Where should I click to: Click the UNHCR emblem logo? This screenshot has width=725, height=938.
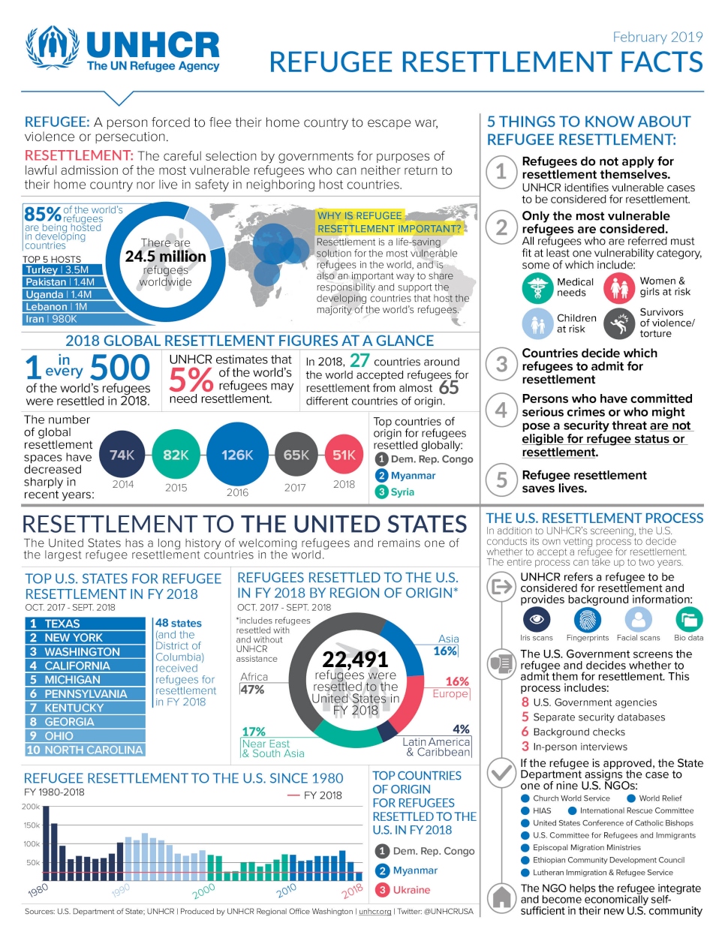pos(53,50)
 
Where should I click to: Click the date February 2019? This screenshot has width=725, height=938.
pos(657,37)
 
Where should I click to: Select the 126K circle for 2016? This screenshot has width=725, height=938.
pos(237,454)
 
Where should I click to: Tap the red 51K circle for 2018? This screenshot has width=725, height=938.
pos(344,454)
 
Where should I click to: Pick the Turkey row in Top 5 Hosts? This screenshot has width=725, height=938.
pos(57,269)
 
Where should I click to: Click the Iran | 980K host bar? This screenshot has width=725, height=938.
pos(52,319)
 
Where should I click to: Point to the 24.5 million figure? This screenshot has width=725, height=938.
pos(165,257)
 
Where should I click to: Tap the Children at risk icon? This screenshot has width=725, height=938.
pos(537,323)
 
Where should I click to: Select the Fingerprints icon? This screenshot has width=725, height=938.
pos(587,620)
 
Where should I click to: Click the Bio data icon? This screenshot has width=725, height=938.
pos(688,620)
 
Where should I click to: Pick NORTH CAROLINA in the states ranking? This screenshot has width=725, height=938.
pos(85,750)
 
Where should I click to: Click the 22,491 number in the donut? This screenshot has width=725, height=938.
pos(355,660)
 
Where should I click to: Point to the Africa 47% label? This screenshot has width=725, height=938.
pos(254,684)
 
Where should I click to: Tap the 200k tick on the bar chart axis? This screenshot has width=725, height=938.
pos(32,807)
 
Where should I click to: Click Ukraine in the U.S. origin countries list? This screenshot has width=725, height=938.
pos(411,890)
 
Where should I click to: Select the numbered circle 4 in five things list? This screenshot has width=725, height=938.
pos(501,410)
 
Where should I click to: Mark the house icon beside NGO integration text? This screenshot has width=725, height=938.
pos(501,897)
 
